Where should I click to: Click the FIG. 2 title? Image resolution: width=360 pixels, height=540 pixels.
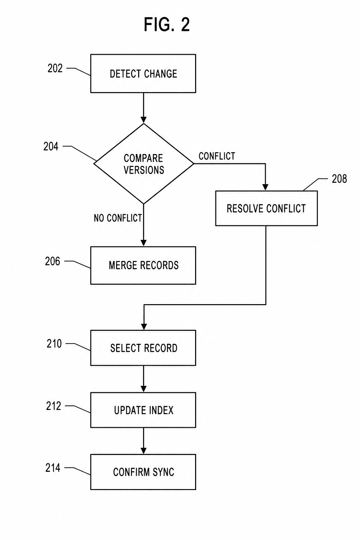pyautogui.click(x=167, y=25)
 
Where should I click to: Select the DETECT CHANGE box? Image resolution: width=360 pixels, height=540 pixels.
pyautogui.click(x=143, y=73)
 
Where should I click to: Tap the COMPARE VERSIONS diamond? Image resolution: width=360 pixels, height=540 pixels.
pyautogui.click(x=144, y=164)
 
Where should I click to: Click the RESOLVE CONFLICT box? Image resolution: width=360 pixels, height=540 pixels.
pyautogui.click(x=266, y=208)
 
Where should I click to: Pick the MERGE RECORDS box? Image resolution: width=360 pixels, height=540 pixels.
pyautogui.click(x=143, y=265)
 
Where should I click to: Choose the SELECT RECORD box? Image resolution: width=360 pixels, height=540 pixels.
pyautogui.click(x=143, y=348)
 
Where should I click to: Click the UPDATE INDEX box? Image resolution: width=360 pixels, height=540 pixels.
pyautogui.click(x=143, y=410)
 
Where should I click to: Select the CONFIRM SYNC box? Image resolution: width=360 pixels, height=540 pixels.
pyautogui.click(x=143, y=472)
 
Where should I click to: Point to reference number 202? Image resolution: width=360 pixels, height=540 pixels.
pyautogui.click(x=55, y=69)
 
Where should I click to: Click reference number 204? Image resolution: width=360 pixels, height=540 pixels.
pyautogui.click(x=51, y=146)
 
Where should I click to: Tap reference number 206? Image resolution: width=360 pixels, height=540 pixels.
pyautogui.click(x=52, y=261)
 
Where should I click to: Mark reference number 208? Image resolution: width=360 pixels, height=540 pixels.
pyautogui.click(x=339, y=179)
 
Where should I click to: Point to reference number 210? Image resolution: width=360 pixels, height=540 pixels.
pyautogui.click(x=54, y=344)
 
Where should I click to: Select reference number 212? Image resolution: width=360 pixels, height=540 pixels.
pyautogui.click(x=53, y=406)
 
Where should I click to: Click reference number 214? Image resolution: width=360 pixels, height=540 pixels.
pyautogui.click(x=53, y=468)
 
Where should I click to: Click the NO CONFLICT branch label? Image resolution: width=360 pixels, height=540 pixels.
pyautogui.click(x=118, y=218)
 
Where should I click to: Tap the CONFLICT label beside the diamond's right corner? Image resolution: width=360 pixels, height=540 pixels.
pyautogui.click(x=217, y=156)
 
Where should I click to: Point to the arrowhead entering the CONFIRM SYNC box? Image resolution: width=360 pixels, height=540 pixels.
pyautogui.click(x=143, y=451)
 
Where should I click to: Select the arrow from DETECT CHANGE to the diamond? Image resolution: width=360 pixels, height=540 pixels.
pyautogui.click(x=143, y=108)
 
